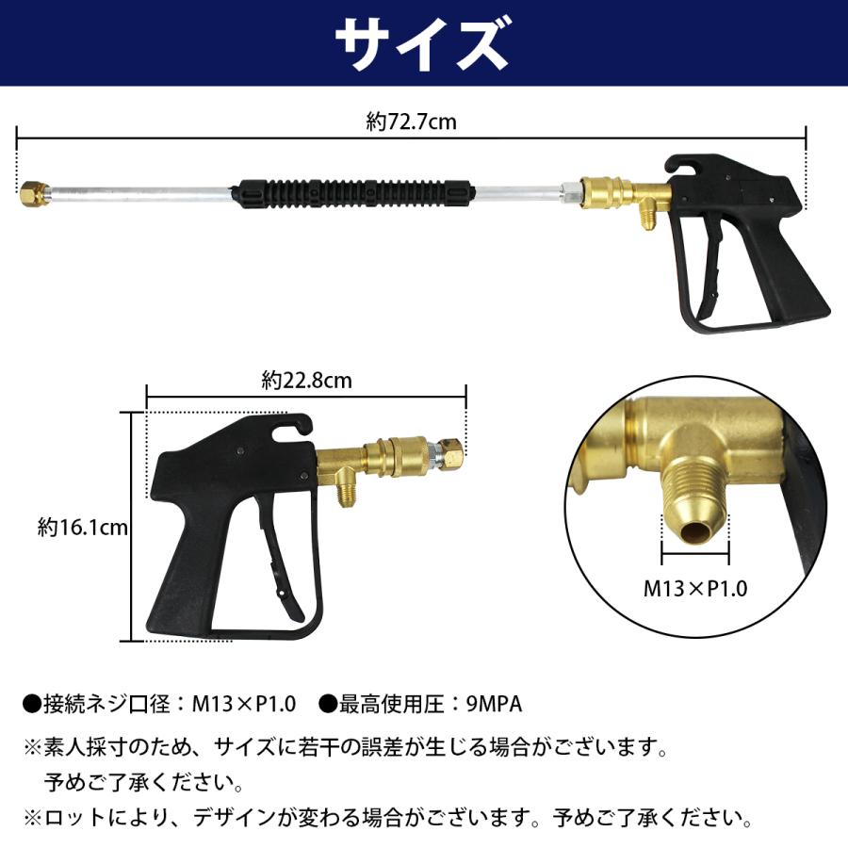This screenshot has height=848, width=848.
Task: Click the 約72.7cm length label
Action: [x=412, y=122]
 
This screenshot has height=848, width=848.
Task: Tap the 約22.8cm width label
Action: [x=306, y=382]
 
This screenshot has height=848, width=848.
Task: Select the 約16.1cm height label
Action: [x=83, y=528]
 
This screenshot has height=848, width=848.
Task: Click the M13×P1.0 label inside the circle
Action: [x=695, y=589]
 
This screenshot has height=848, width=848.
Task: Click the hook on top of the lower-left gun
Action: [x=295, y=429]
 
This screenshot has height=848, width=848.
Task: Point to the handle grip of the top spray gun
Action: [x=791, y=283]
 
